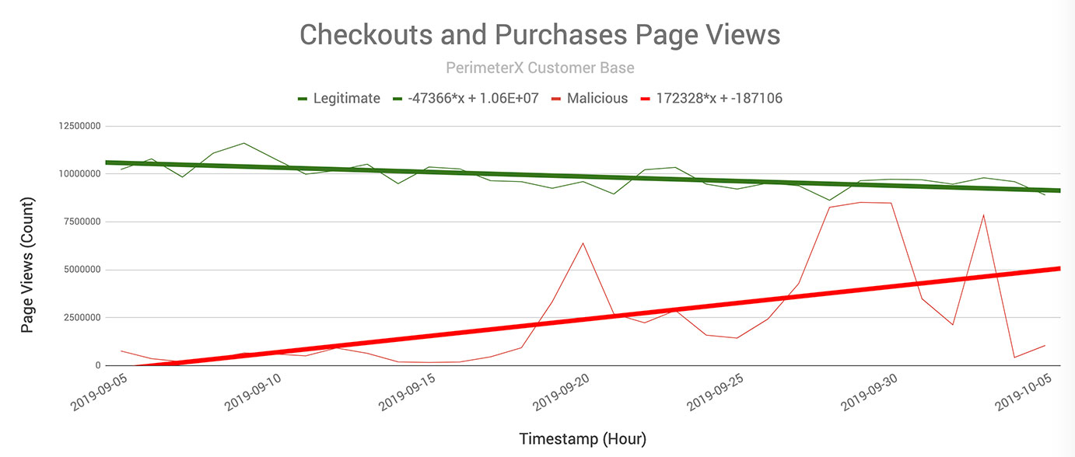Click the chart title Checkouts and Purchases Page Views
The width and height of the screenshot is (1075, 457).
pos(540,35)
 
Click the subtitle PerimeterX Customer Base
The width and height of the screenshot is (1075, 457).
pos(540,68)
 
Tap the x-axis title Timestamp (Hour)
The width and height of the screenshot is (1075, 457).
pos(583,439)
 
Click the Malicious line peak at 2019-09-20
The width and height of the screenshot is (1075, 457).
pos(583,243)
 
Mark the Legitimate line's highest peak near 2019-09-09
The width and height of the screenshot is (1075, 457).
pos(244,143)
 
